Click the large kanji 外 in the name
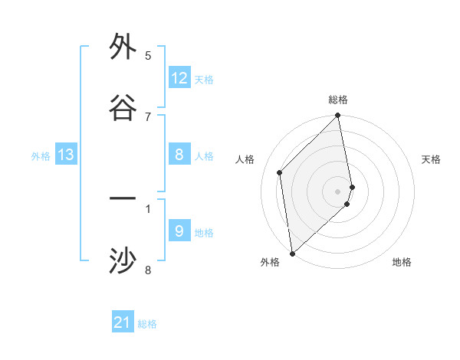pos(123,47)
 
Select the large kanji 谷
pos(123,108)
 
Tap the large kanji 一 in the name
pos(123,199)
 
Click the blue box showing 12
pos(179,78)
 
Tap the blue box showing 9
pos(179,231)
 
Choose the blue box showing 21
pos(123,322)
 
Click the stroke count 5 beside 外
pos(148,55)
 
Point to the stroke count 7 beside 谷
pos(148,116)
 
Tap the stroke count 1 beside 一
pos(148,207)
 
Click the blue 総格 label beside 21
pos(147,324)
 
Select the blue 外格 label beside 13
pos(41,156)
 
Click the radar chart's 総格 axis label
pos(338,100)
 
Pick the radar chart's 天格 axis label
pos(431,159)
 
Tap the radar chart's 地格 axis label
pos(402,262)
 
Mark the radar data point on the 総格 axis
pos(338,116)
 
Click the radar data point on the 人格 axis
pos(280,172)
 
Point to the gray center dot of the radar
pos(338,191)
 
